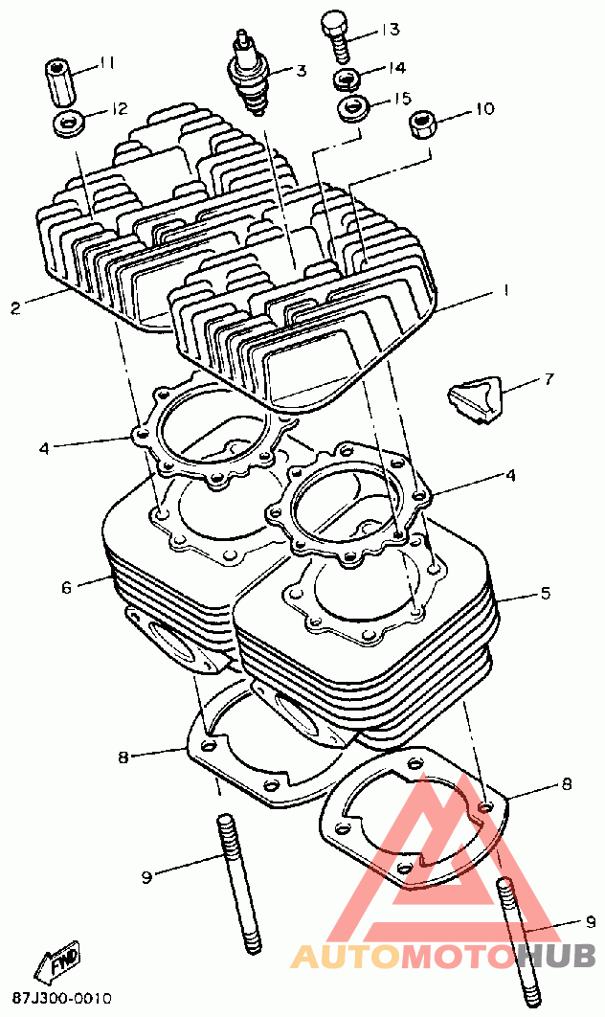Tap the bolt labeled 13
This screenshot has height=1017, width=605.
[x=336, y=31]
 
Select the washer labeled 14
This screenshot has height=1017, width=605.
[x=347, y=78]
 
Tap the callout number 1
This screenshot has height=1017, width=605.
[x=505, y=290]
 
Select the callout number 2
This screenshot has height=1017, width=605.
[x=15, y=308]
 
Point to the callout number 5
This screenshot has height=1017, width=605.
[x=545, y=593]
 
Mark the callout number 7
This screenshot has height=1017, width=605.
[x=549, y=379]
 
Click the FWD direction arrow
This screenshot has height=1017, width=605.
[x=57, y=964]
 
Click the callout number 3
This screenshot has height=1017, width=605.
[x=300, y=70]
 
